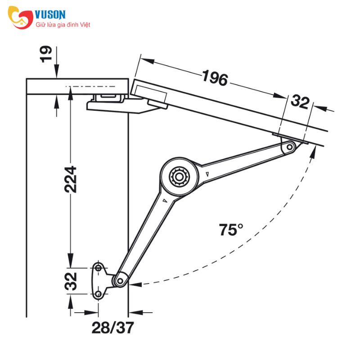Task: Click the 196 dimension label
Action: [x=215, y=78]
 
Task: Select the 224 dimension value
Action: [x=71, y=180]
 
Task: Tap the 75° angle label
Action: [x=231, y=229]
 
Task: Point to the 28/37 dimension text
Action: [x=113, y=328]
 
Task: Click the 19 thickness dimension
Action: [x=46, y=54]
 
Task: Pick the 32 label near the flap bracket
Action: [x=300, y=102]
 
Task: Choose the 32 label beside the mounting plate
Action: [x=71, y=281]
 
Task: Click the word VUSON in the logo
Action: [x=50, y=14]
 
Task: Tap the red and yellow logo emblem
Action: [x=20, y=18]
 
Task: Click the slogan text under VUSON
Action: [x=63, y=25]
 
